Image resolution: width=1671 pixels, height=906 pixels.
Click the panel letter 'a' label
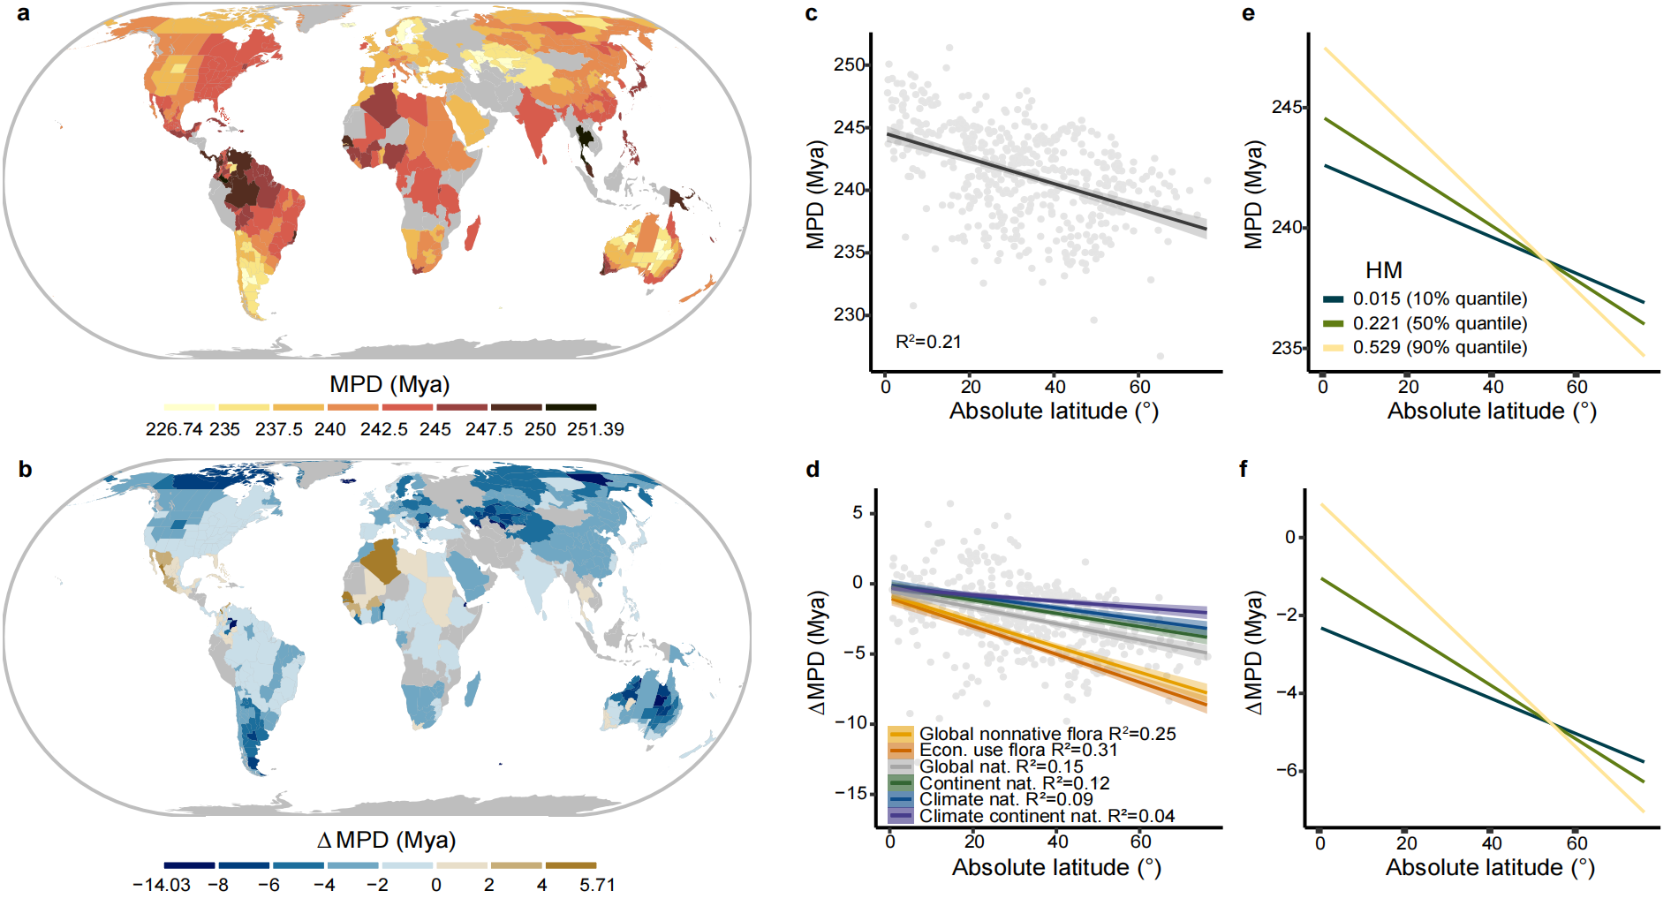(23, 13)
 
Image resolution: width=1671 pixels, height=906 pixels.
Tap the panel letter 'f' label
(1244, 469)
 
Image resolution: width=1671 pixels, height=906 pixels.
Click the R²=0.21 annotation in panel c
(928, 342)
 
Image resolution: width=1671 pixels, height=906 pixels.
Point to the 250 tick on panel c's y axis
(849, 64)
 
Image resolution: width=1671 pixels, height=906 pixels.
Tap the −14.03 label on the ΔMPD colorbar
(162, 885)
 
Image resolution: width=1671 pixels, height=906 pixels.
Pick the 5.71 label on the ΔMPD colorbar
(597, 885)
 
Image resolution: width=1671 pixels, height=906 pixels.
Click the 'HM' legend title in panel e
(1383, 270)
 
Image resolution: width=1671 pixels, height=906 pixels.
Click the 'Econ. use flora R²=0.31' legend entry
(1017, 750)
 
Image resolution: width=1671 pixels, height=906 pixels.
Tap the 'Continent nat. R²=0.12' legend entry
(1014, 783)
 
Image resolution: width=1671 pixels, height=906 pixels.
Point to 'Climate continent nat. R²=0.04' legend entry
(1047, 816)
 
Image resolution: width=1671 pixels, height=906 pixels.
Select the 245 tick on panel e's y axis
(1287, 107)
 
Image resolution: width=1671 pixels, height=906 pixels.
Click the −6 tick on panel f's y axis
(1287, 770)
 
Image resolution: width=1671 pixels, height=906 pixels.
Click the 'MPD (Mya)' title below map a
(389, 385)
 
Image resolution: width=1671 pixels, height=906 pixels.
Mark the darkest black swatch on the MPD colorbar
(571, 407)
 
